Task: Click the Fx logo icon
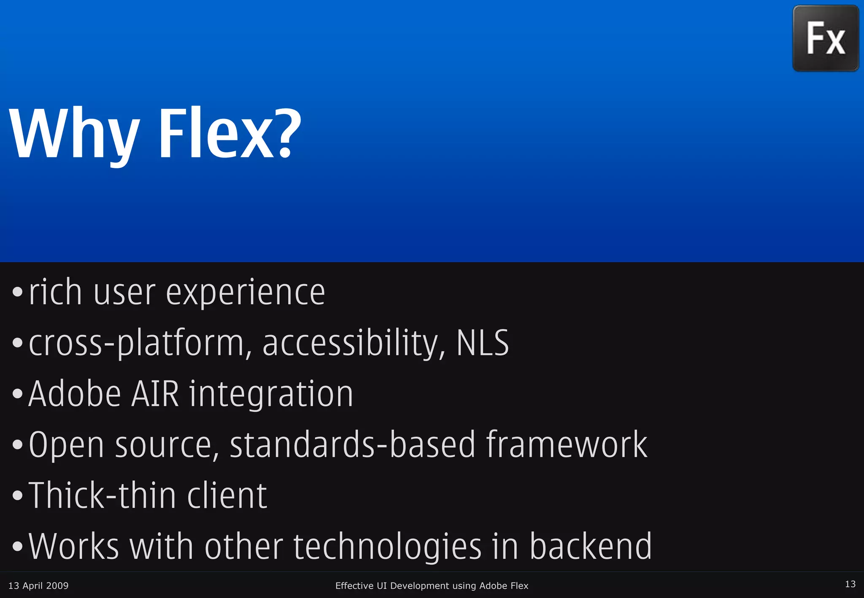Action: (x=826, y=38)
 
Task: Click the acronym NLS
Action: (x=483, y=343)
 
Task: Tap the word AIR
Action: (x=155, y=394)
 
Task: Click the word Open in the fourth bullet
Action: (x=66, y=445)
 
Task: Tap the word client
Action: (x=227, y=495)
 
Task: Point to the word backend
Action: (x=590, y=546)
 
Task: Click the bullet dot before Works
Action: (x=17, y=546)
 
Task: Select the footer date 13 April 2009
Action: (x=38, y=585)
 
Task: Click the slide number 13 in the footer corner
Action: (x=850, y=584)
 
